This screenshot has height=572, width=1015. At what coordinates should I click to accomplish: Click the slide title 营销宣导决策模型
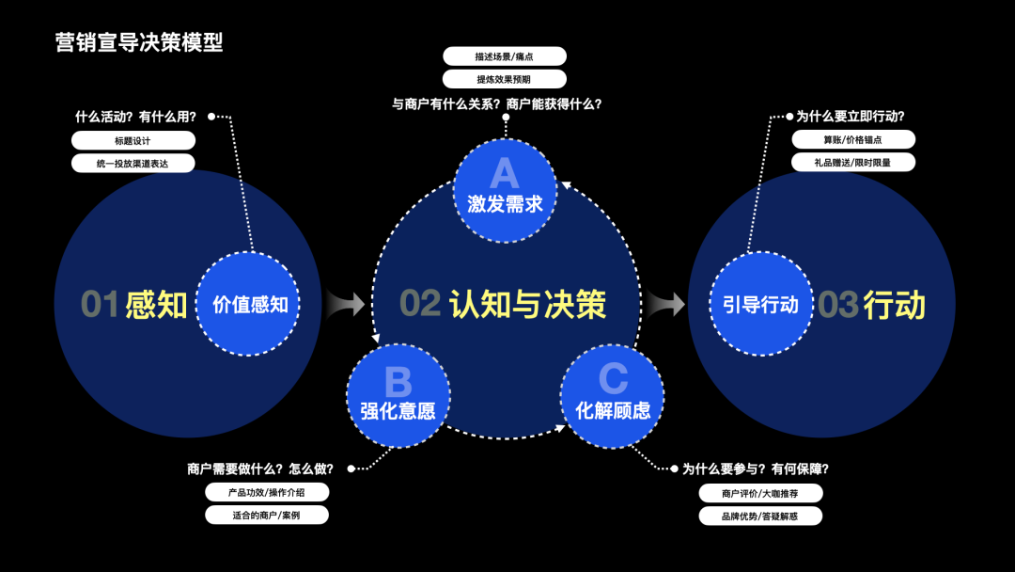139,42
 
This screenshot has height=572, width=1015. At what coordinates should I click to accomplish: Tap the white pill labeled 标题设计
133,141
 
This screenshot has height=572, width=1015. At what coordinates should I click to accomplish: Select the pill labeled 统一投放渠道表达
133,164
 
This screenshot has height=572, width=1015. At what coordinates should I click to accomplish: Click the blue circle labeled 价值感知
248,304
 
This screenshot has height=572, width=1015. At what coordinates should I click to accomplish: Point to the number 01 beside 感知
100,305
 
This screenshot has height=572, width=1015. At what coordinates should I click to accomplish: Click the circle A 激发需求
505,187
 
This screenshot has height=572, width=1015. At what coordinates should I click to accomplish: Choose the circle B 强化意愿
398,394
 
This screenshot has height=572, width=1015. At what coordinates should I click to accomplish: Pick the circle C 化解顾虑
613,394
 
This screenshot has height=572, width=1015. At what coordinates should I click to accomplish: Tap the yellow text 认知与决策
527,304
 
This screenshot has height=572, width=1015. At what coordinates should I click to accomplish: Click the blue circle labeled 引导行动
760,304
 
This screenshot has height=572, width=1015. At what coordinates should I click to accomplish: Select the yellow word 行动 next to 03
894,305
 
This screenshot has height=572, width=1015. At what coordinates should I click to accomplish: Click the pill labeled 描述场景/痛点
505,56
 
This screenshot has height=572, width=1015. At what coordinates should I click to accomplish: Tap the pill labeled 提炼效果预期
505,80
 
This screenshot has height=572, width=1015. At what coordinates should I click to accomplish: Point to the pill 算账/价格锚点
853,139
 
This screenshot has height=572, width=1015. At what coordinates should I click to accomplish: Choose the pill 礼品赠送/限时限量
853,162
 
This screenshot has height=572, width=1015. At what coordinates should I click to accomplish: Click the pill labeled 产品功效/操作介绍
267,492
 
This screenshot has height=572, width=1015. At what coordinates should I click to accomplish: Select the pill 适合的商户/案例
267,516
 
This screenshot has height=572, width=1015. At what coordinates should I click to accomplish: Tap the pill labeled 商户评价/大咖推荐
760,493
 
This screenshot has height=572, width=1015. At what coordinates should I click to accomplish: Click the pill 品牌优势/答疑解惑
760,516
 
